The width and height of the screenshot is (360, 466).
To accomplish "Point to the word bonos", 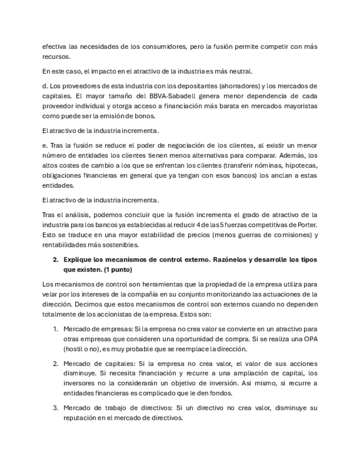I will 145,116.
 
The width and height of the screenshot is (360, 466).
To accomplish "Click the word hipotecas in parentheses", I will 298,165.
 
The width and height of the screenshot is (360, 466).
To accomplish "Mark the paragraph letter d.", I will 45,86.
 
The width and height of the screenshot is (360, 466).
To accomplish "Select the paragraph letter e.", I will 45,146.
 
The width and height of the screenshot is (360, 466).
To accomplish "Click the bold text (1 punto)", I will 115,270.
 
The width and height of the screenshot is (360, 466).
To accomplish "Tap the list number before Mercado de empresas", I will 56,329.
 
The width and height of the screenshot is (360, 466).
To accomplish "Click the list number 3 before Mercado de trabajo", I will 56,408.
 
